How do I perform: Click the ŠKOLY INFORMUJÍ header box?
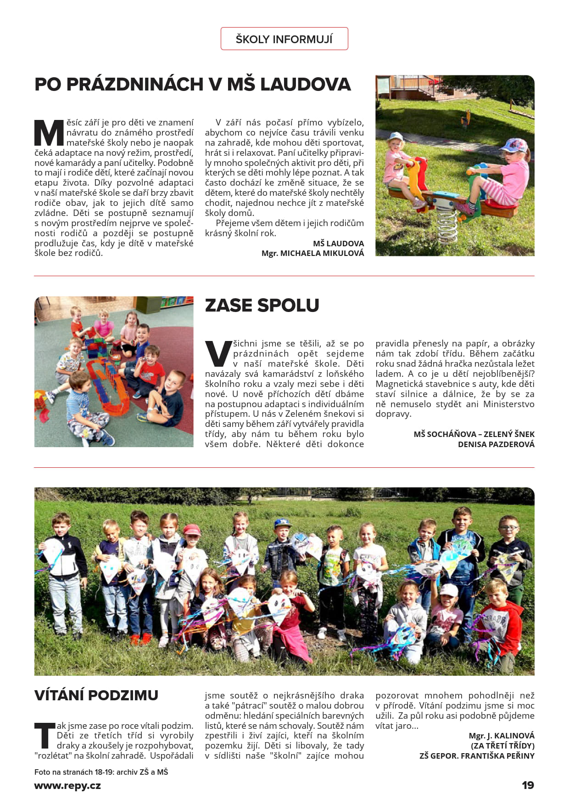click(x=284, y=39)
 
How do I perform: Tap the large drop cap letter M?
click(x=49, y=133)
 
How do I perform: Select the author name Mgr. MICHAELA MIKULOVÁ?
click(x=312, y=253)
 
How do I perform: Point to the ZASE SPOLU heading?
click(x=262, y=306)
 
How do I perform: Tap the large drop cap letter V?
click(x=218, y=354)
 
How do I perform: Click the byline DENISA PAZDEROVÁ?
click(x=496, y=444)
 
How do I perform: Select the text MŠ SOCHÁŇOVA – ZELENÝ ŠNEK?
click(x=474, y=434)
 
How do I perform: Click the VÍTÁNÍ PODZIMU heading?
click(x=96, y=695)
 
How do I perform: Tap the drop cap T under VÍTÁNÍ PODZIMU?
click(x=45, y=735)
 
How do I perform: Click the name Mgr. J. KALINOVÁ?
click(x=502, y=736)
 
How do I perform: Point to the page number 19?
click(x=528, y=785)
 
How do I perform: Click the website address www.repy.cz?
click(x=67, y=786)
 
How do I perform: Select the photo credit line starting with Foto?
click(x=101, y=772)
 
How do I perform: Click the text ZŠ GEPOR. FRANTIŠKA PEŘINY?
click(x=477, y=756)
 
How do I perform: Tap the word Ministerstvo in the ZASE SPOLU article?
click(x=508, y=404)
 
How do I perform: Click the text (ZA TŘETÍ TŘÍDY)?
click(x=502, y=746)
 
